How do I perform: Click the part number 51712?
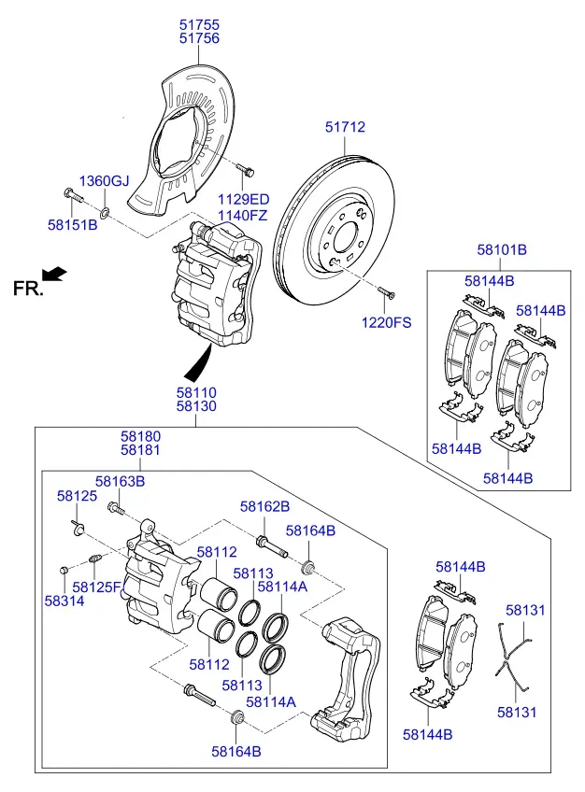click(x=345, y=127)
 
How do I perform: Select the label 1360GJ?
click(x=104, y=181)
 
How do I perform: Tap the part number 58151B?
click(x=73, y=224)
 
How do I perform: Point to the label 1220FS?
click(x=387, y=322)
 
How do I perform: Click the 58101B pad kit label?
click(x=502, y=249)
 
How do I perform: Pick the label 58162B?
click(x=264, y=506)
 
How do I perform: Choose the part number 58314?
click(x=64, y=601)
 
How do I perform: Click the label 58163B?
click(x=121, y=481)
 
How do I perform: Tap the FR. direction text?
click(x=28, y=289)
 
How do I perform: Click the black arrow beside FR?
click(x=54, y=274)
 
